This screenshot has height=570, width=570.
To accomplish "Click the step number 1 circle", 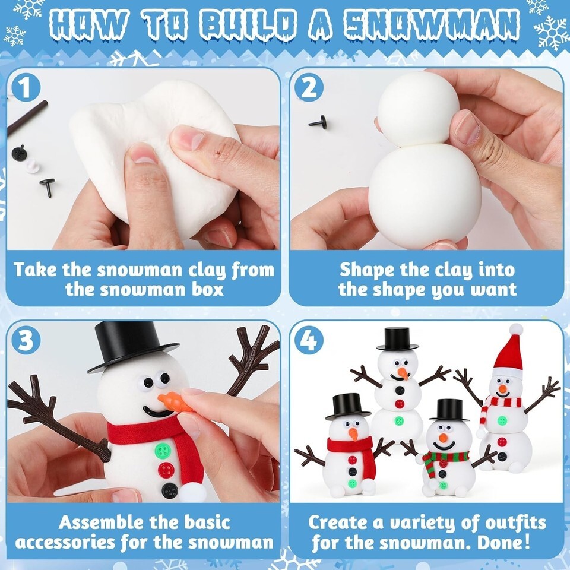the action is coord(26,88).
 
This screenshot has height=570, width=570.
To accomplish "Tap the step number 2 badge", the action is coord(309,87).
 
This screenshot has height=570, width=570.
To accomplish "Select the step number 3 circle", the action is coord(26,341).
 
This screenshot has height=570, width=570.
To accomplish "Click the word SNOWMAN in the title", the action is coord(431,26).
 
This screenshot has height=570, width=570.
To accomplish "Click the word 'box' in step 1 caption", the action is coord(207,290).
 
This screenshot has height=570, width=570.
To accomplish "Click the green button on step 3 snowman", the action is coord(163,451).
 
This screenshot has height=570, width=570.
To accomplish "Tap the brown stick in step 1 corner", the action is coord(27,117).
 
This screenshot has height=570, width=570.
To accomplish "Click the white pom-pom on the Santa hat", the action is coord(516,330).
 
